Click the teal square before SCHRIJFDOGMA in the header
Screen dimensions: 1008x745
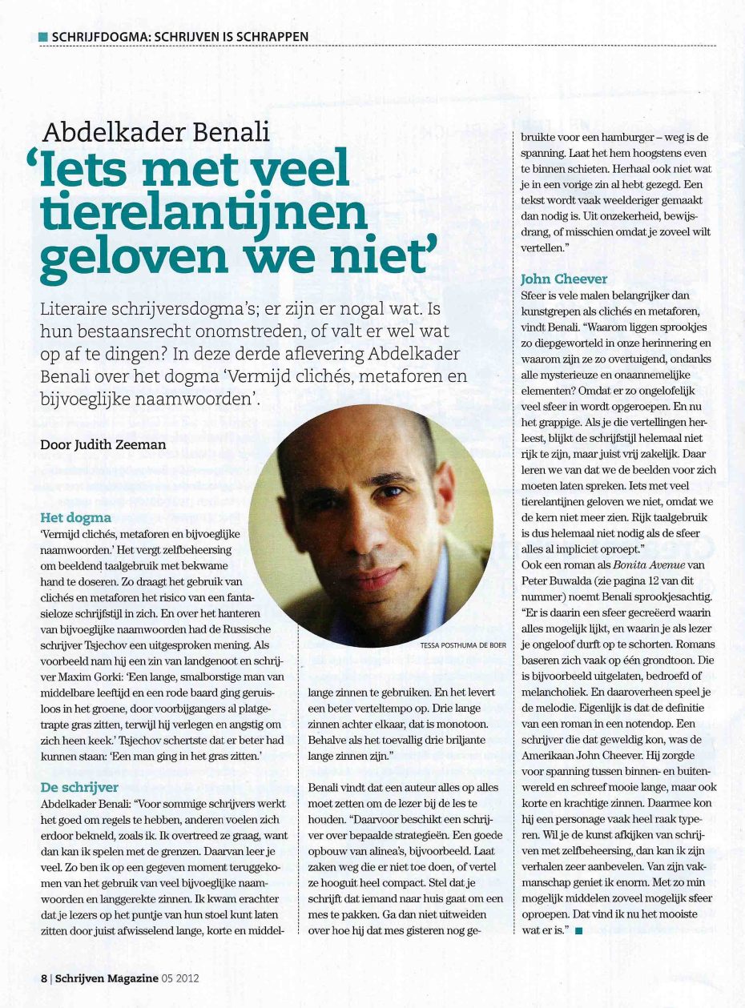coord(42,37)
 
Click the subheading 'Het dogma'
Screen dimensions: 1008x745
coord(76,517)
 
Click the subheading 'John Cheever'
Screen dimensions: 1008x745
coord(564,279)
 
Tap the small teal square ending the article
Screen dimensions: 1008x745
coord(578,930)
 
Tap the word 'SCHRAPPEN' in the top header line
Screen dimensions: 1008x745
coord(272,37)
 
